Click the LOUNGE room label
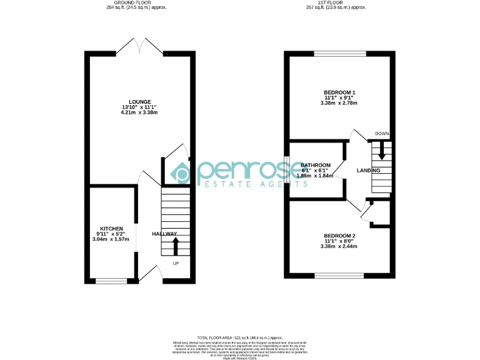[x=140, y=101]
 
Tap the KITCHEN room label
[x=111, y=228]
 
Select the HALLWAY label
[x=164, y=234]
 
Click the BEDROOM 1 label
[x=339, y=92]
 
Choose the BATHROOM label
[x=316, y=165]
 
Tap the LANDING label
[x=368, y=171]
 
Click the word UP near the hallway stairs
[x=176, y=263]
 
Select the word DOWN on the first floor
[x=381, y=134]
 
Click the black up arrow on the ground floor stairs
[x=176, y=246]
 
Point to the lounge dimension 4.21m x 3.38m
[x=140, y=112]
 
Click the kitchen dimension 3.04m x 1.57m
[x=111, y=239]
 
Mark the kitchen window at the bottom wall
[x=111, y=281]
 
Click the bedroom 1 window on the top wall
[x=339, y=54]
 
